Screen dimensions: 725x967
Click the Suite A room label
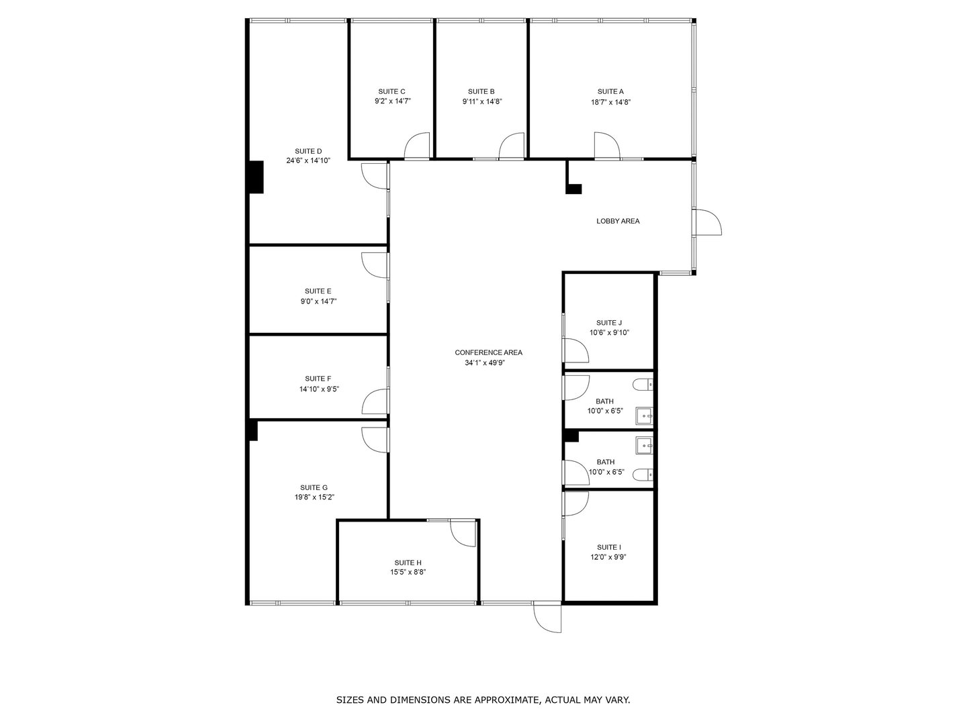[x=610, y=91]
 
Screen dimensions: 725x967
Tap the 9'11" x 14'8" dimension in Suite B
[x=481, y=102]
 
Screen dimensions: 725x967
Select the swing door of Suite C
[x=418, y=146]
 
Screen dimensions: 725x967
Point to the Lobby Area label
[x=618, y=221]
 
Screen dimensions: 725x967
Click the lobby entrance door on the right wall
[x=708, y=222]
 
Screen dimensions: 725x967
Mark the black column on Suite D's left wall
[x=255, y=177]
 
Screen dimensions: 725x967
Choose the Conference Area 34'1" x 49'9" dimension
[x=488, y=363]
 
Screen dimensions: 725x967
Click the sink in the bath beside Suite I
[x=645, y=444]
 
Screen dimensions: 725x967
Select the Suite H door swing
[x=463, y=532]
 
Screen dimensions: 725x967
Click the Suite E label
[x=318, y=291]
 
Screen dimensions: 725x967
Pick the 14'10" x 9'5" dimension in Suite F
[x=319, y=389]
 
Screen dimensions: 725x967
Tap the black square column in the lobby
[x=573, y=189]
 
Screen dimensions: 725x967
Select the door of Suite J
[x=575, y=350]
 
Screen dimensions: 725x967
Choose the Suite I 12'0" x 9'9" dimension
[x=608, y=557]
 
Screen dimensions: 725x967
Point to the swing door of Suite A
[x=606, y=146]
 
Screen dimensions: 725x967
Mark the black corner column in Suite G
[x=253, y=430]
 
